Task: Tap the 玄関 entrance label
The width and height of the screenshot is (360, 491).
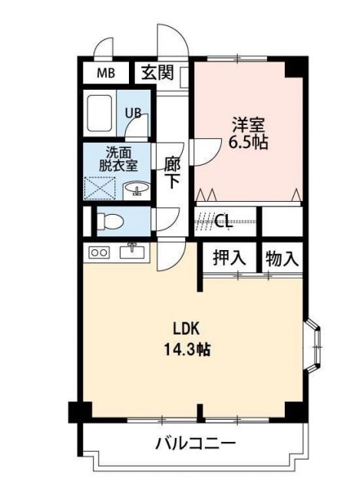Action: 157,74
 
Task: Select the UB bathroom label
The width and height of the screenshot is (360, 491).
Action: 133,112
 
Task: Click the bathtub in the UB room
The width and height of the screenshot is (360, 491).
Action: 101,113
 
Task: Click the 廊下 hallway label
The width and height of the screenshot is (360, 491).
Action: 173,172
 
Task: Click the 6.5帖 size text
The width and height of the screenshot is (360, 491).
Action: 247,143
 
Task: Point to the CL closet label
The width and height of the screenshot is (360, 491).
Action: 223,222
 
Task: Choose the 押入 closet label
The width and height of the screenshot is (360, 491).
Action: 230,259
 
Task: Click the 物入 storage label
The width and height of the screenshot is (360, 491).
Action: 281,259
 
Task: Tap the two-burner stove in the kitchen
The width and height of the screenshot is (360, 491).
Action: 100,252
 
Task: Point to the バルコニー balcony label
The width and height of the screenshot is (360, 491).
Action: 195,443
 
